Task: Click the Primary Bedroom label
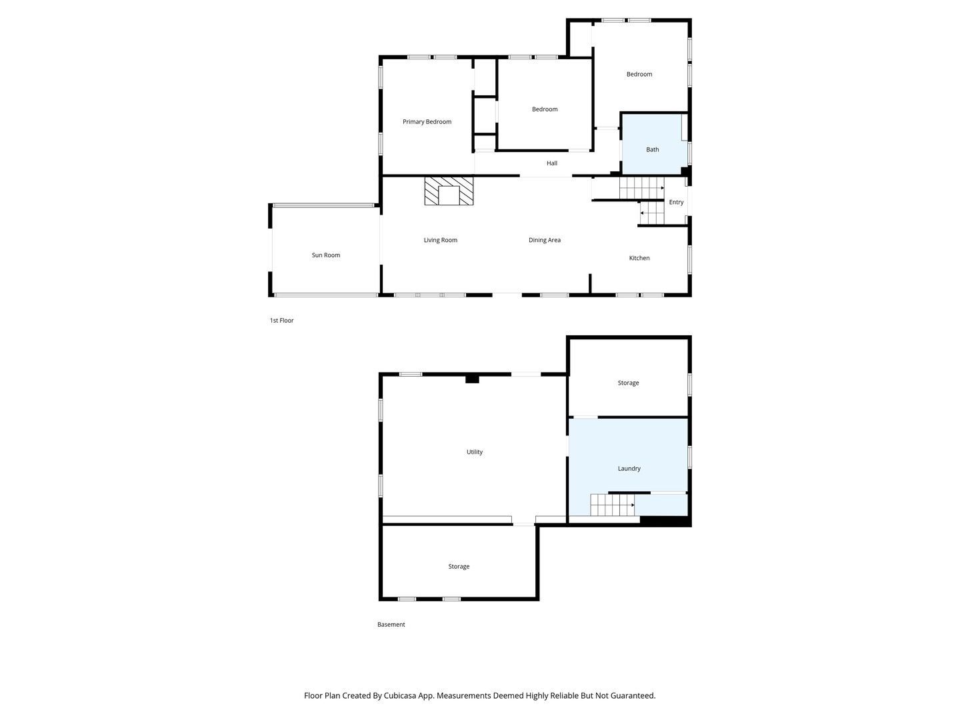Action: coord(427,121)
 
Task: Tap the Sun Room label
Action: coord(325,255)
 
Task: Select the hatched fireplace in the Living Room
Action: coord(448,191)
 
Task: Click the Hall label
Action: coord(551,163)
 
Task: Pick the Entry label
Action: coord(676,202)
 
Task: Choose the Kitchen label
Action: coord(639,258)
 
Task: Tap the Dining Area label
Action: coord(544,240)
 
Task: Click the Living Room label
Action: coord(440,240)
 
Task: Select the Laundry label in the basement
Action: coord(629,468)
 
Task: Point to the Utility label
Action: coord(474,451)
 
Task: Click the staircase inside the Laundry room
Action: coord(612,505)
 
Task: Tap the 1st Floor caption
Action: coord(281,321)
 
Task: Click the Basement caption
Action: coord(391,624)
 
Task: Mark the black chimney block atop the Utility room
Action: coord(472,379)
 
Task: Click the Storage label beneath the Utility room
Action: coord(459,566)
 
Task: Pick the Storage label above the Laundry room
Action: coord(628,383)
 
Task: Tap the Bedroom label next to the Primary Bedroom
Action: coord(544,109)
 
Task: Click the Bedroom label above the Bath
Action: coord(639,74)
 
